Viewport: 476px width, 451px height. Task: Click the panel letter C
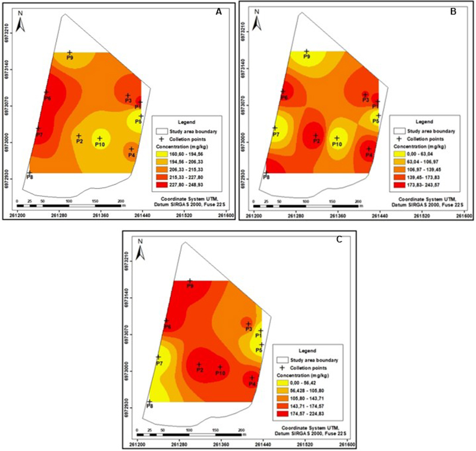click(339, 239)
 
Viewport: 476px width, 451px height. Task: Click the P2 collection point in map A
click(79, 136)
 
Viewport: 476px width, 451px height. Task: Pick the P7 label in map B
click(275, 135)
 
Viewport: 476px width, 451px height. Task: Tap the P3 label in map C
click(249, 329)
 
